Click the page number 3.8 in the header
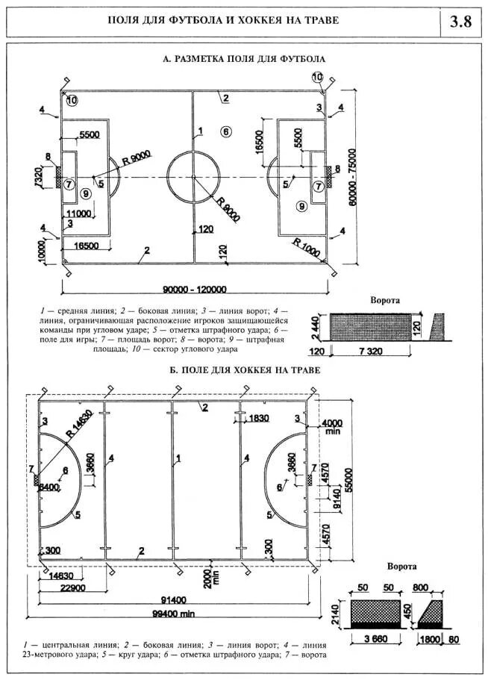coord(460,20)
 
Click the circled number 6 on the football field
coord(225,131)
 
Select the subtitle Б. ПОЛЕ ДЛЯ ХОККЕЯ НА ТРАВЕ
coord(245,370)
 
